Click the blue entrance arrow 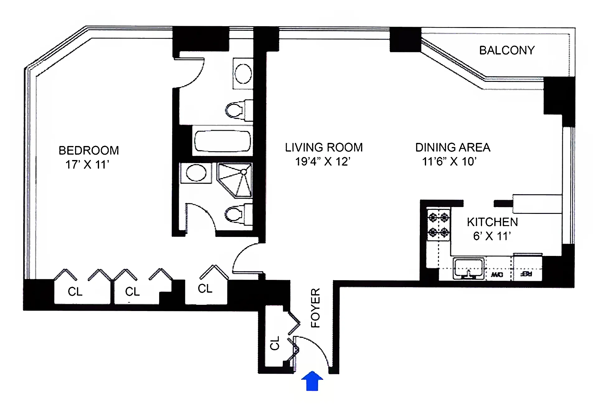pyautogui.click(x=312, y=381)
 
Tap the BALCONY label pyautogui.click(x=507, y=50)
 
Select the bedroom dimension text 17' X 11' pyautogui.click(x=87, y=165)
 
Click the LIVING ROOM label pyautogui.click(x=324, y=148)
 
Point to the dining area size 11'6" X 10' pyautogui.click(x=449, y=162)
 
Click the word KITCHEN pyautogui.click(x=492, y=222)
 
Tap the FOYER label pyautogui.click(x=316, y=308)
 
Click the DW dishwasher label pyautogui.click(x=497, y=275)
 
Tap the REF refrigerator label pyautogui.click(x=526, y=274)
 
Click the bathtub pyautogui.click(x=222, y=141)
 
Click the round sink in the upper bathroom pyautogui.click(x=243, y=74)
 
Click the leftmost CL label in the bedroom pyautogui.click(x=75, y=292)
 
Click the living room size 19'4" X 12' pyautogui.click(x=323, y=162)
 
